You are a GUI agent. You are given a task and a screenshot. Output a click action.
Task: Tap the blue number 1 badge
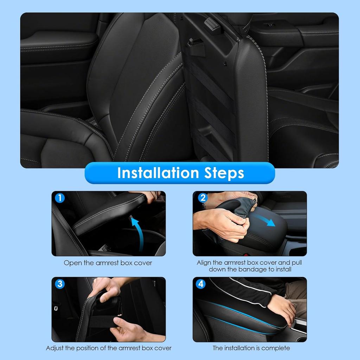coord(60,198)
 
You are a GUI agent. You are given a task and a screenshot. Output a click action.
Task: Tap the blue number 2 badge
coord(202,198)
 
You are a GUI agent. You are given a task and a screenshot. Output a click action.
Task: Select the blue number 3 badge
coord(60,284)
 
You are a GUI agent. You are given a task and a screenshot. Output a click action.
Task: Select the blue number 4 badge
coord(200,284)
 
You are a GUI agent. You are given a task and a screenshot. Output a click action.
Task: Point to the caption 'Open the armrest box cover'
coord(108,263)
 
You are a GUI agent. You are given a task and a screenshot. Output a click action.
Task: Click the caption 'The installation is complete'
coord(251,348)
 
